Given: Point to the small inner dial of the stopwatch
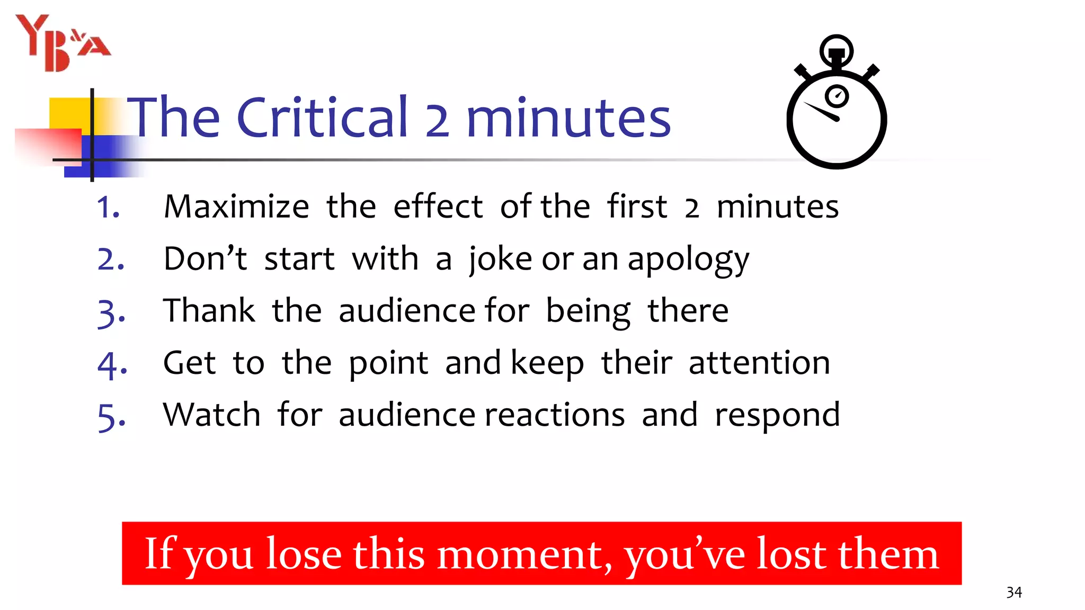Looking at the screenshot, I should [837, 96].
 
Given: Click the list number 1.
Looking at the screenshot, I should [108, 207].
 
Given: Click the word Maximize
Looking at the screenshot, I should [236, 207].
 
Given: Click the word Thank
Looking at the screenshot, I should [209, 311].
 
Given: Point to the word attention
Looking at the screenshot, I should [759, 363].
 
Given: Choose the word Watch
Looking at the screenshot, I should [212, 415].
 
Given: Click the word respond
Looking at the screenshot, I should [777, 416].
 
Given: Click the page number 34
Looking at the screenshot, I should [1014, 592].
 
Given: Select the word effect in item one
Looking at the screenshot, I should [438, 207].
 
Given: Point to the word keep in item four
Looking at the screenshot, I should [547, 364].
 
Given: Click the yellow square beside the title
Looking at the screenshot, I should [69, 113].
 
